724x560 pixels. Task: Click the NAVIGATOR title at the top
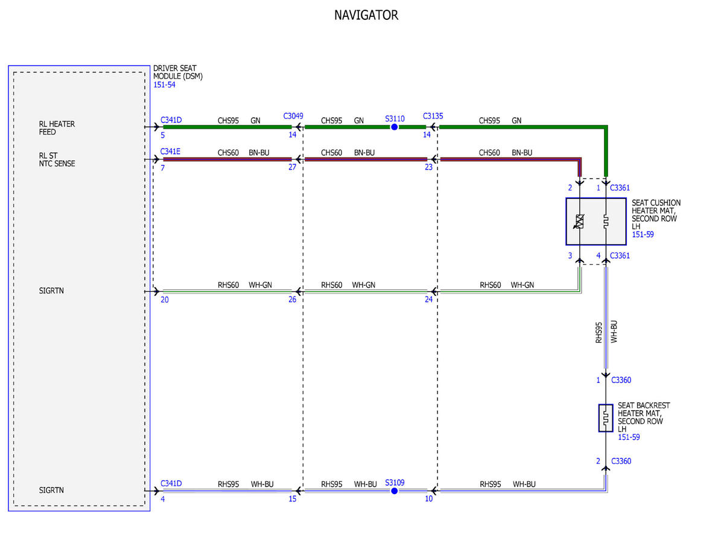pyautogui.click(x=366, y=15)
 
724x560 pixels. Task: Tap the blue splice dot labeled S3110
pyautogui.click(x=394, y=127)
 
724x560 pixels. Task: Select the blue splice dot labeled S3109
pyautogui.click(x=394, y=491)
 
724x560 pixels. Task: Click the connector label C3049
pyautogui.click(x=293, y=116)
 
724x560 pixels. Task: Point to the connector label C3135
pyautogui.click(x=433, y=116)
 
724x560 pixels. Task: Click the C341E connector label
pyautogui.click(x=170, y=152)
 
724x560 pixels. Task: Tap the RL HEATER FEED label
pyautogui.click(x=57, y=127)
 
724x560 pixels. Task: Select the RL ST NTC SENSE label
pyautogui.click(x=57, y=159)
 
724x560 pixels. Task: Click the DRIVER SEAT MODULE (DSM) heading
pyautogui.click(x=177, y=72)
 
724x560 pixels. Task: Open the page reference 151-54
pyautogui.click(x=164, y=85)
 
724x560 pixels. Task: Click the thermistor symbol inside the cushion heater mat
pyautogui.click(x=579, y=221)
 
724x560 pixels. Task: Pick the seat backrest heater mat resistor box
pyautogui.click(x=605, y=418)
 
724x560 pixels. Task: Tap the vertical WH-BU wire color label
pyautogui.click(x=614, y=332)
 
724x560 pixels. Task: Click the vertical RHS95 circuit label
pyautogui.click(x=599, y=332)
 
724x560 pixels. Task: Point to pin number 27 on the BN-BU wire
pyautogui.click(x=292, y=167)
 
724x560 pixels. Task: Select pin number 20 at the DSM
pyautogui.click(x=165, y=300)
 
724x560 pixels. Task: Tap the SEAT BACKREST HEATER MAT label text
pyautogui.click(x=643, y=417)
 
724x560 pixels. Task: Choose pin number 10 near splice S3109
pyautogui.click(x=428, y=498)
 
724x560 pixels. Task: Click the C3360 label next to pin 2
pyautogui.click(x=621, y=461)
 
